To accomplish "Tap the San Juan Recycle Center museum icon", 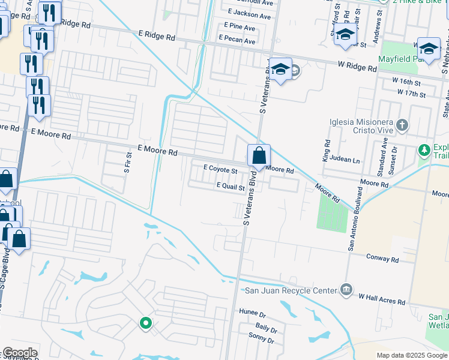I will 346,290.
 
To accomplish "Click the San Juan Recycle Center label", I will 291,290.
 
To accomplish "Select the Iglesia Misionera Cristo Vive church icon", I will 402,126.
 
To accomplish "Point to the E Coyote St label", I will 221,170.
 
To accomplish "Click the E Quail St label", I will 231,187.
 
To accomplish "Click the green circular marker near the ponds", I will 145,323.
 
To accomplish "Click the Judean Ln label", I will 348,160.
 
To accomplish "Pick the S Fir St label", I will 127,163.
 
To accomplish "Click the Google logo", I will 20,353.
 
